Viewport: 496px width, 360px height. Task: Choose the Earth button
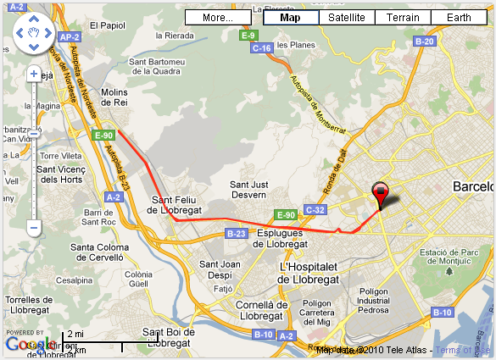(x=459, y=17)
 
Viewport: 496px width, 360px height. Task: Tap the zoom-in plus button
(x=34, y=74)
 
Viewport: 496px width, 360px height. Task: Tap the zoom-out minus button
(x=34, y=227)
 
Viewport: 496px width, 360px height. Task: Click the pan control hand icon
(x=34, y=33)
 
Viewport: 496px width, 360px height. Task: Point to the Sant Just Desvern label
(x=249, y=189)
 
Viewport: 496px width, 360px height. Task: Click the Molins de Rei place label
(x=114, y=97)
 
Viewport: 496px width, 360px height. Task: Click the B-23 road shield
(x=236, y=233)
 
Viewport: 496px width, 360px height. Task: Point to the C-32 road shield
(x=315, y=209)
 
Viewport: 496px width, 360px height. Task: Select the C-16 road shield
(x=262, y=48)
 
